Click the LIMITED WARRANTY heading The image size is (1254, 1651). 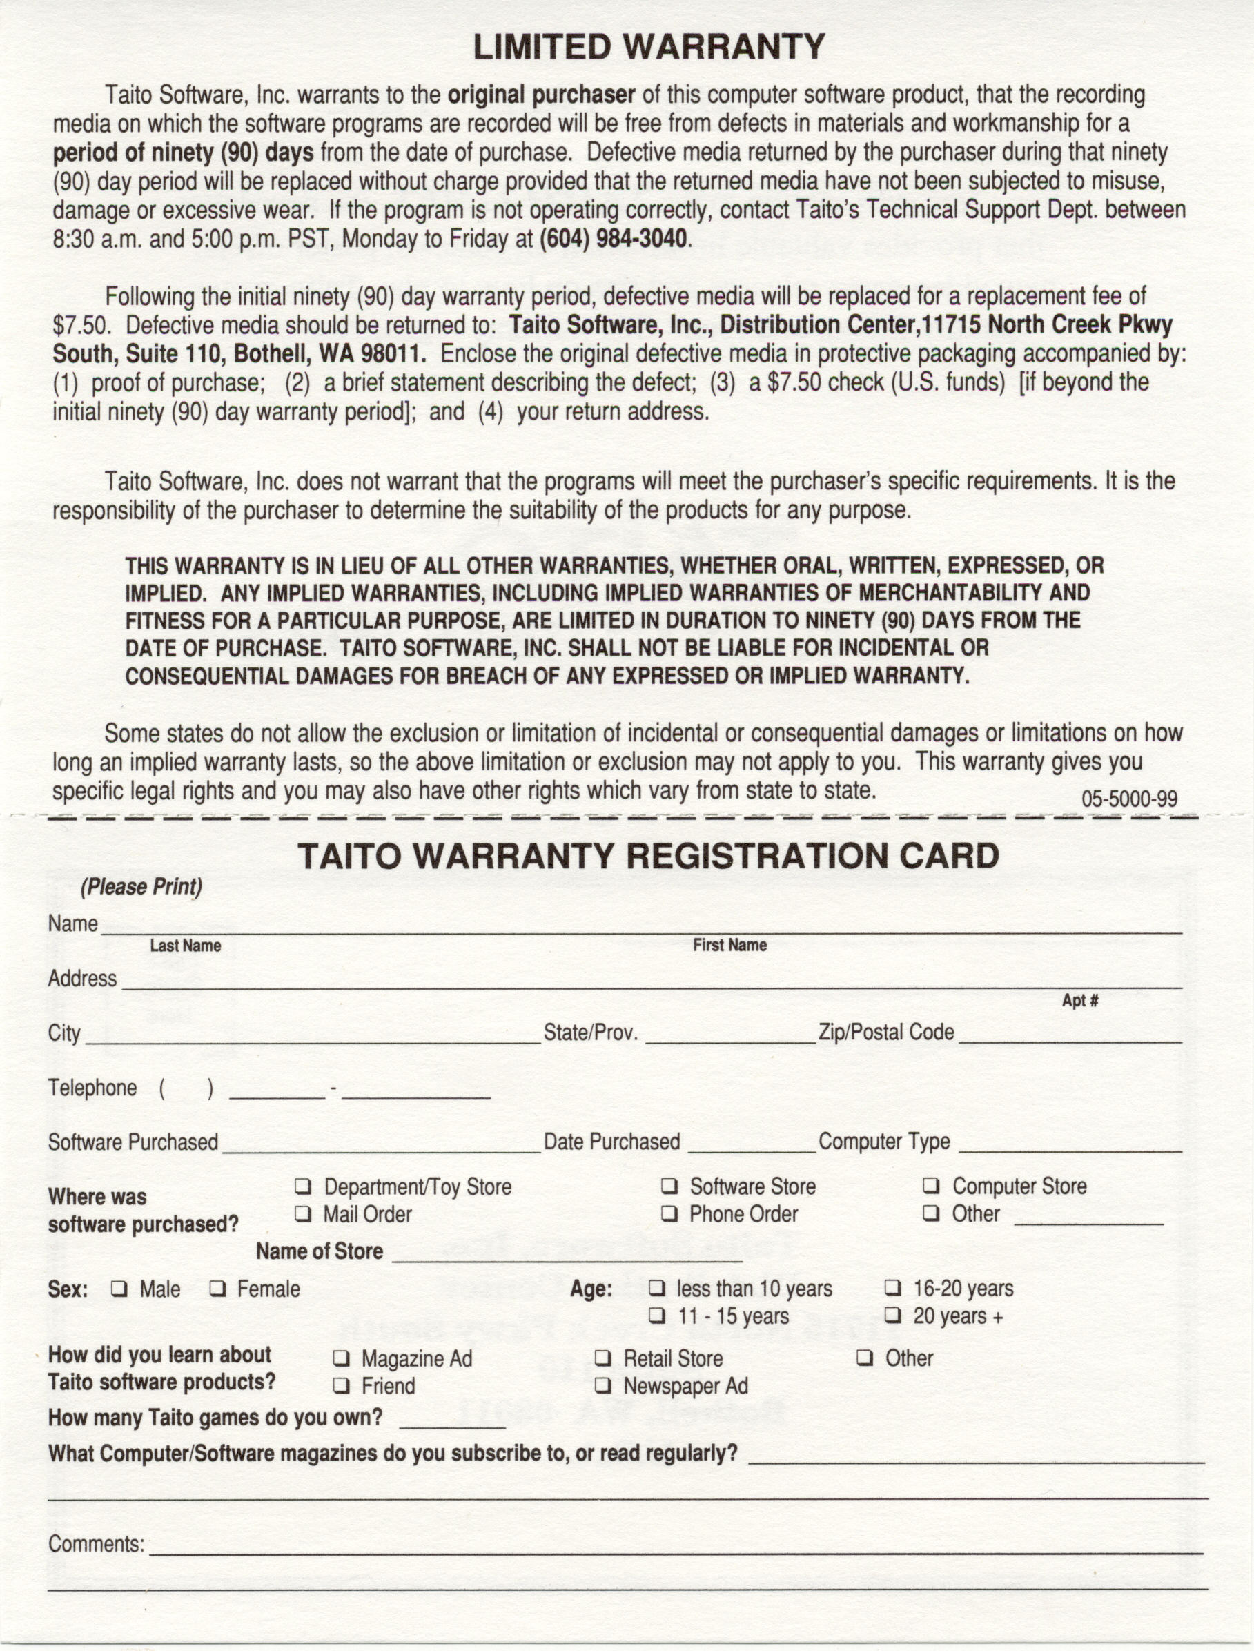tap(649, 47)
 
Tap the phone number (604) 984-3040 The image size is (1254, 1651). tap(612, 240)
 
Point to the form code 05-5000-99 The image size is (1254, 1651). tap(1129, 799)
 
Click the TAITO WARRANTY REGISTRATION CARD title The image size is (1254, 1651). tap(649, 855)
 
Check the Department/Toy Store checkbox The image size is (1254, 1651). tap(303, 1186)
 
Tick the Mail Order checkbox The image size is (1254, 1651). tap(303, 1214)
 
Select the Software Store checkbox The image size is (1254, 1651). tap(669, 1186)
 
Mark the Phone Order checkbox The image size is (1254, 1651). tap(669, 1214)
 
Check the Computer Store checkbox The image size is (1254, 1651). tap(931, 1186)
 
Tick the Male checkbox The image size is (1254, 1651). tap(119, 1289)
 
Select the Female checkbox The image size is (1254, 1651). tap(217, 1289)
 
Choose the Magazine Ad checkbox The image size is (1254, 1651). tap(341, 1358)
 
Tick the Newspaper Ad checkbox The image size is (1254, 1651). tap(603, 1386)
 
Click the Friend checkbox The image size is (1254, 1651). tap(341, 1386)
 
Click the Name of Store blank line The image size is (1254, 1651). tap(567, 1258)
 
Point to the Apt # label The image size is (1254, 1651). tap(1080, 1001)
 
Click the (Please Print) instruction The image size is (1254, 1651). tap(141, 887)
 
